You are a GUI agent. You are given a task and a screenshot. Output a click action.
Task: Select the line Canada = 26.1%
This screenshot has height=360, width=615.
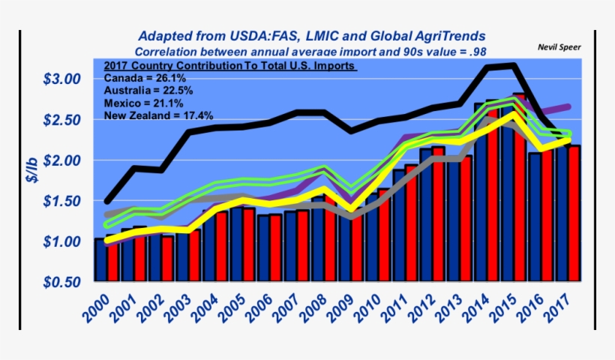pos(145,78)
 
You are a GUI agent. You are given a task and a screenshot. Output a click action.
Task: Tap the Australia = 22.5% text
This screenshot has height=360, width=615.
pos(148,91)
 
